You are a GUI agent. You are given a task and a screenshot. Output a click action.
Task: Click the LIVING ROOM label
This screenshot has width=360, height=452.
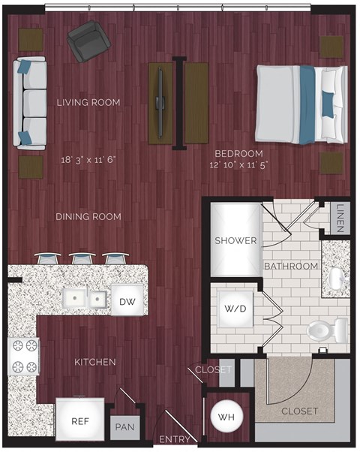pyautogui.click(x=88, y=102)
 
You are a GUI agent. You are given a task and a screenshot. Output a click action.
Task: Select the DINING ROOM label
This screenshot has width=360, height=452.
pyautogui.click(x=88, y=217)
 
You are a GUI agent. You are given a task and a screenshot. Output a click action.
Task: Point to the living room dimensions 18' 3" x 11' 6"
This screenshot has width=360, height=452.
pyautogui.click(x=90, y=159)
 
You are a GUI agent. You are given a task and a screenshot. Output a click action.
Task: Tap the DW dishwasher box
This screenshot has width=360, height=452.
pyautogui.click(x=127, y=301)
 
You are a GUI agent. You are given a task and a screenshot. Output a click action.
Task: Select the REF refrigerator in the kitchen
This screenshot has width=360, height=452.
pyautogui.click(x=79, y=421)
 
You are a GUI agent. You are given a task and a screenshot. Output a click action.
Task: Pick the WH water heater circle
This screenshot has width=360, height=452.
pyautogui.click(x=223, y=418)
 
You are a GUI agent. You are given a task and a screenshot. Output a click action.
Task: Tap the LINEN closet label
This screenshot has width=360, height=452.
pyautogui.click(x=340, y=218)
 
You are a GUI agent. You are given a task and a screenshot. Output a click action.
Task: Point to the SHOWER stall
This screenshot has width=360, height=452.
pyautogui.click(x=236, y=240)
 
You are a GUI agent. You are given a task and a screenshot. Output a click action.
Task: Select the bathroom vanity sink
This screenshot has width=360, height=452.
pyautogui.click(x=337, y=279)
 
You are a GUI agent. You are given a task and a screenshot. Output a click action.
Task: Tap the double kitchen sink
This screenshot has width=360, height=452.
pyautogui.click(x=85, y=300)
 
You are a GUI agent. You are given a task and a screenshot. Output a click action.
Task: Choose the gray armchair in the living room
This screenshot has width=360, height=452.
pyautogui.click(x=87, y=42)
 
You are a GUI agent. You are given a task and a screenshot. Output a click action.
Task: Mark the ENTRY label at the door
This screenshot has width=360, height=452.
pyautogui.click(x=174, y=441)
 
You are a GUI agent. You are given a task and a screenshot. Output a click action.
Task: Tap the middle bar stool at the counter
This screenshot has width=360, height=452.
pyautogui.click(x=82, y=258)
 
